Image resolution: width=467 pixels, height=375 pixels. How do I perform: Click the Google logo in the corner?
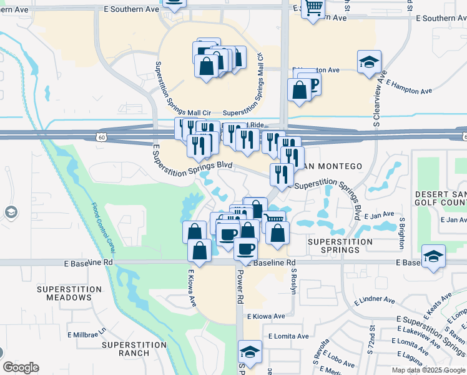pos(21,367)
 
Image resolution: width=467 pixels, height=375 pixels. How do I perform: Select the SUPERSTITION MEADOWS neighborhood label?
pos(69,293)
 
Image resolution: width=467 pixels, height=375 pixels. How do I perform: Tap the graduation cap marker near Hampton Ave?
pos(369,62)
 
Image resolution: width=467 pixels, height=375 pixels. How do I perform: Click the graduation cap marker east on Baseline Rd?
pos(433,256)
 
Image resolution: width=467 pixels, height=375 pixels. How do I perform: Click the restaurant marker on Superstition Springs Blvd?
pos(282,174)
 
